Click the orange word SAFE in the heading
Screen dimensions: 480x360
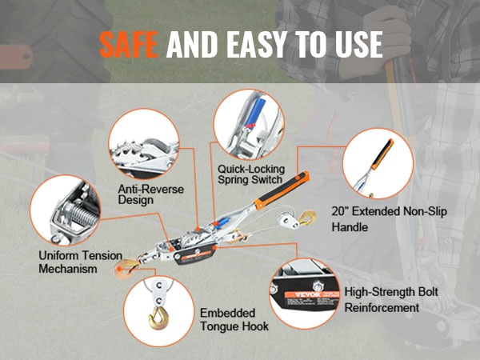(x=129, y=45)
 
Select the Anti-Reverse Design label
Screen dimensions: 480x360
(x=150, y=194)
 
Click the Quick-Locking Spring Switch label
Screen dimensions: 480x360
(x=251, y=174)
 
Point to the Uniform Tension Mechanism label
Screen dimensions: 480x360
(x=80, y=262)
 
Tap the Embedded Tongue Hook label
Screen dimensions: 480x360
(x=234, y=319)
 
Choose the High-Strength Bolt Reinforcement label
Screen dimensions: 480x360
(x=391, y=299)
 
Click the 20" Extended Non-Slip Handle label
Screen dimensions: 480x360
(x=389, y=219)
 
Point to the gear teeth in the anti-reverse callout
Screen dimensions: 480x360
(x=126, y=150)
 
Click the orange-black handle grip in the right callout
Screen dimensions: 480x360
(x=382, y=154)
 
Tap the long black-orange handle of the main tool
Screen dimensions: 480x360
(x=282, y=190)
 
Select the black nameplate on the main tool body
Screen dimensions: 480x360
(x=195, y=254)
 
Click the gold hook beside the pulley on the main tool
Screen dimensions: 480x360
(x=308, y=218)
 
